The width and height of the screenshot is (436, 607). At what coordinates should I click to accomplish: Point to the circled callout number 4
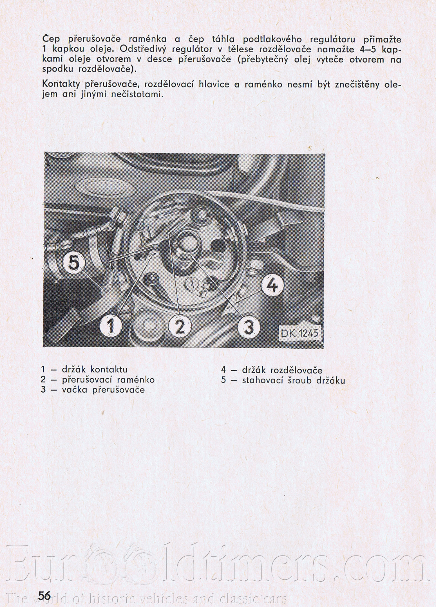tap(272, 286)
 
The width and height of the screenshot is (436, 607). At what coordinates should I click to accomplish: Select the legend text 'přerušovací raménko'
tap(108, 379)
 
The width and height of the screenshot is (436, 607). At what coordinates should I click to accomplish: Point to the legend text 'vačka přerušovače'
tap(103, 390)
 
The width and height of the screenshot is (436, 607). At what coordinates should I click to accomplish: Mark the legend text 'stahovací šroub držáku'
tap(293, 380)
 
